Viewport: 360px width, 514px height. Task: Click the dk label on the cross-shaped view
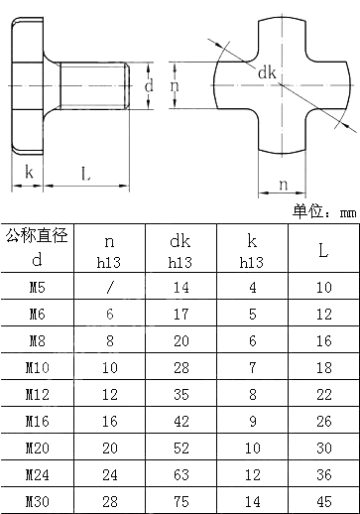267,73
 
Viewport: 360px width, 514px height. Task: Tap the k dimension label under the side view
29,173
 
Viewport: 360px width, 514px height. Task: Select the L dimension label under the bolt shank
85,174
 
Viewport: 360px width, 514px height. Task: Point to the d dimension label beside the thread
149,85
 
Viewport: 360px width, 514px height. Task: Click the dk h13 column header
180,249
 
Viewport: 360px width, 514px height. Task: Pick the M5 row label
37,287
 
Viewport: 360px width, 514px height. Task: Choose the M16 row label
37,421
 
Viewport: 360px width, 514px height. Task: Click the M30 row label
37,501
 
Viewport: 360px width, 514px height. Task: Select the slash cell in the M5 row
110,287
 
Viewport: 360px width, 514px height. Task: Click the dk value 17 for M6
180,314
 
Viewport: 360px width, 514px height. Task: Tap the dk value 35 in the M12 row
180,394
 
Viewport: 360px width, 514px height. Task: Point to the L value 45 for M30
322,501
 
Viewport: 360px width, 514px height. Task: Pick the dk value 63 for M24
180,474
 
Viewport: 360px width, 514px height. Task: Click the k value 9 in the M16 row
252,421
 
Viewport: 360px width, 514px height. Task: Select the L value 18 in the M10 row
322,367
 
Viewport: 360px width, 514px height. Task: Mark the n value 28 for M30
110,501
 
